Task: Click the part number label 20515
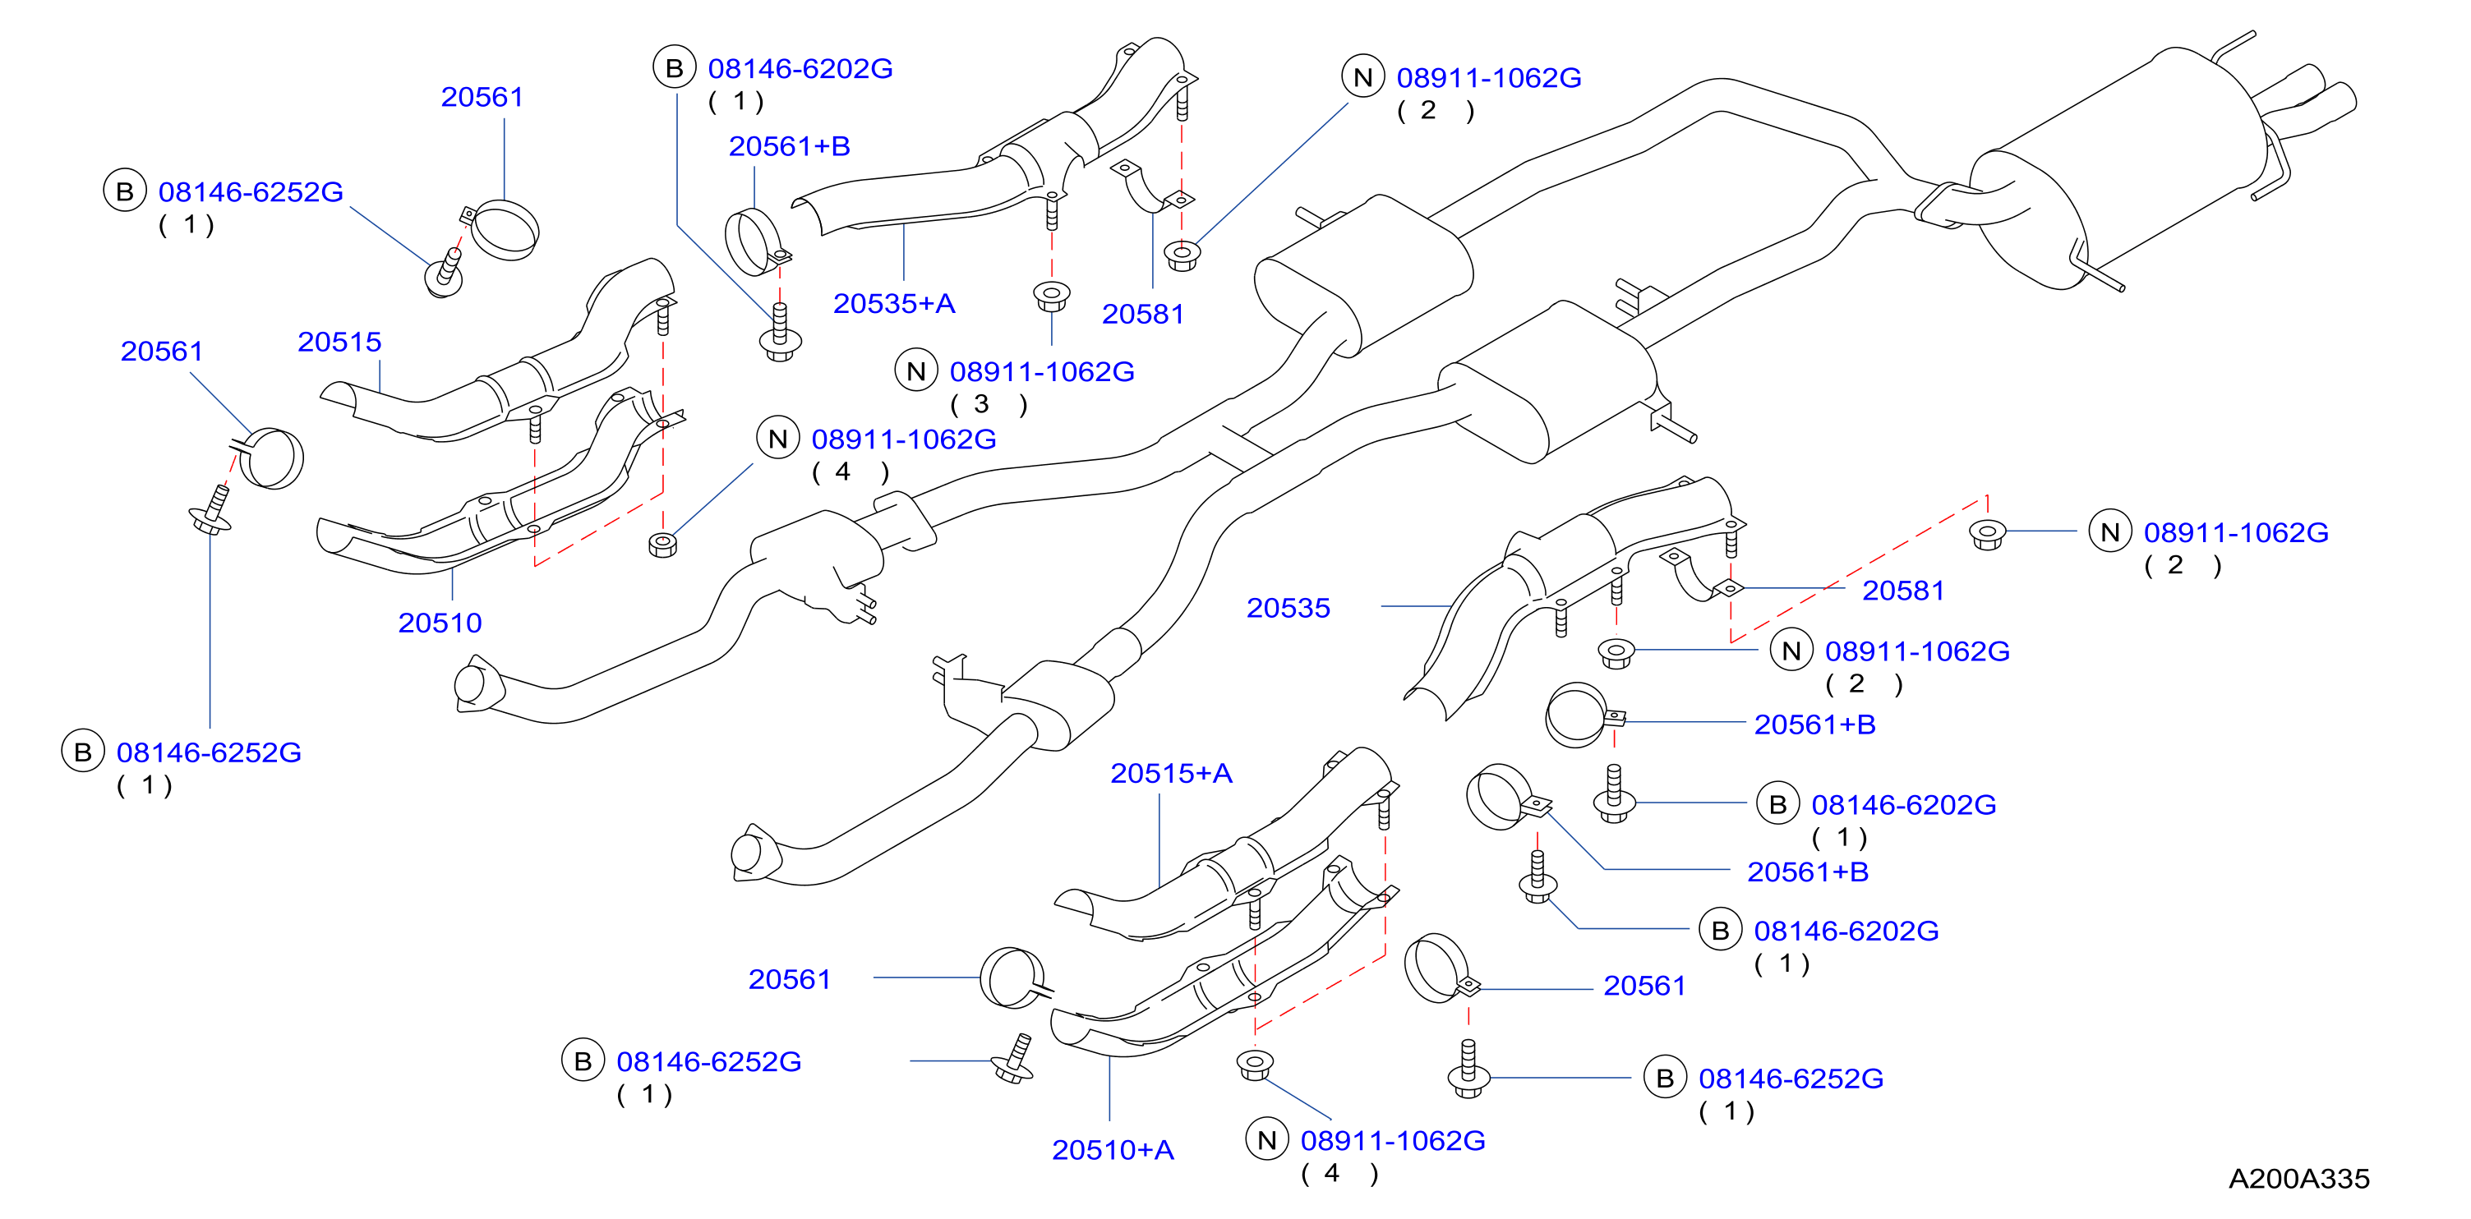(x=339, y=342)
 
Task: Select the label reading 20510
(x=440, y=623)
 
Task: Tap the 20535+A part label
(x=894, y=303)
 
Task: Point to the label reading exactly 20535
(x=1288, y=607)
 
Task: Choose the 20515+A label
(x=1170, y=773)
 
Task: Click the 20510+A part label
(x=1113, y=1149)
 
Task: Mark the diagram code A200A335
(x=2298, y=1178)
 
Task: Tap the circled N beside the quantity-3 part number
(x=916, y=370)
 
